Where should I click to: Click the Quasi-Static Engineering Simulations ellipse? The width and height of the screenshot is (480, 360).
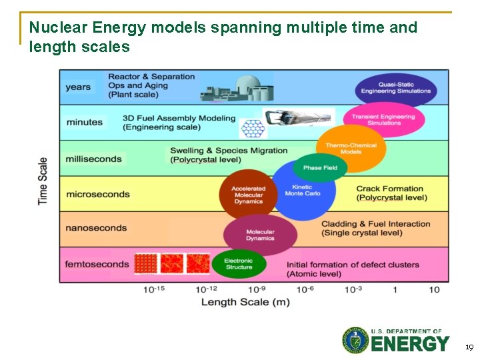pyautogui.click(x=395, y=88)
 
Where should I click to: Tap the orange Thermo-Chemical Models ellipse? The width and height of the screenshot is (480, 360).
pyautogui.click(x=351, y=148)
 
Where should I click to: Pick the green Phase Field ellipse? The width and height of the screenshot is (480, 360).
pyautogui.click(x=321, y=167)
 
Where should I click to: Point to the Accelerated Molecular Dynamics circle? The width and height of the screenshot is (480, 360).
pyautogui.click(x=248, y=194)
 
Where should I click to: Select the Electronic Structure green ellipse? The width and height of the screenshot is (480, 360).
pyautogui.click(x=239, y=264)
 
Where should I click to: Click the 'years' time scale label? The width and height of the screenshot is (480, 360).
pyautogui.click(x=79, y=87)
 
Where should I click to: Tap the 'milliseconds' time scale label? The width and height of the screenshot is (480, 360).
pyautogui.click(x=94, y=159)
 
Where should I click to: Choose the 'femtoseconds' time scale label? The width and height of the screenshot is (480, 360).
pyautogui.click(x=97, y=264)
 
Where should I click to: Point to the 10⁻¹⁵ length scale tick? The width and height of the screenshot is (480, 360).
pyautogui.click(x=153, y=289)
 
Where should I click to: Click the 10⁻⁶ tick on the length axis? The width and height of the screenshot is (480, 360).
pyautogui.click(x=305, y=289)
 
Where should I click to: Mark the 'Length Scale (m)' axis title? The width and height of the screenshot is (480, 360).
pyautogui.click(x=246, y=302)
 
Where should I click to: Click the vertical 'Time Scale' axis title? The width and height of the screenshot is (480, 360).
pyautogui.click(x=43, y=181)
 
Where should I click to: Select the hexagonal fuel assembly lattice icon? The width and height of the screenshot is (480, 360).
pyautogui.click(x=251, y=127)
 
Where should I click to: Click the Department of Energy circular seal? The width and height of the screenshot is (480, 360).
pyautogui.click(x=355, y=340)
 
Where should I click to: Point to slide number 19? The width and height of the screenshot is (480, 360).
pyautogui.click(x=469, y=347)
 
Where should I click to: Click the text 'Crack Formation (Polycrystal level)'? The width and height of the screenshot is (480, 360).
pyautogui.click(x=390, y=193)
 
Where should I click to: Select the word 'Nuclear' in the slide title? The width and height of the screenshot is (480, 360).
pyautogui.click(x=59, y=28)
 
